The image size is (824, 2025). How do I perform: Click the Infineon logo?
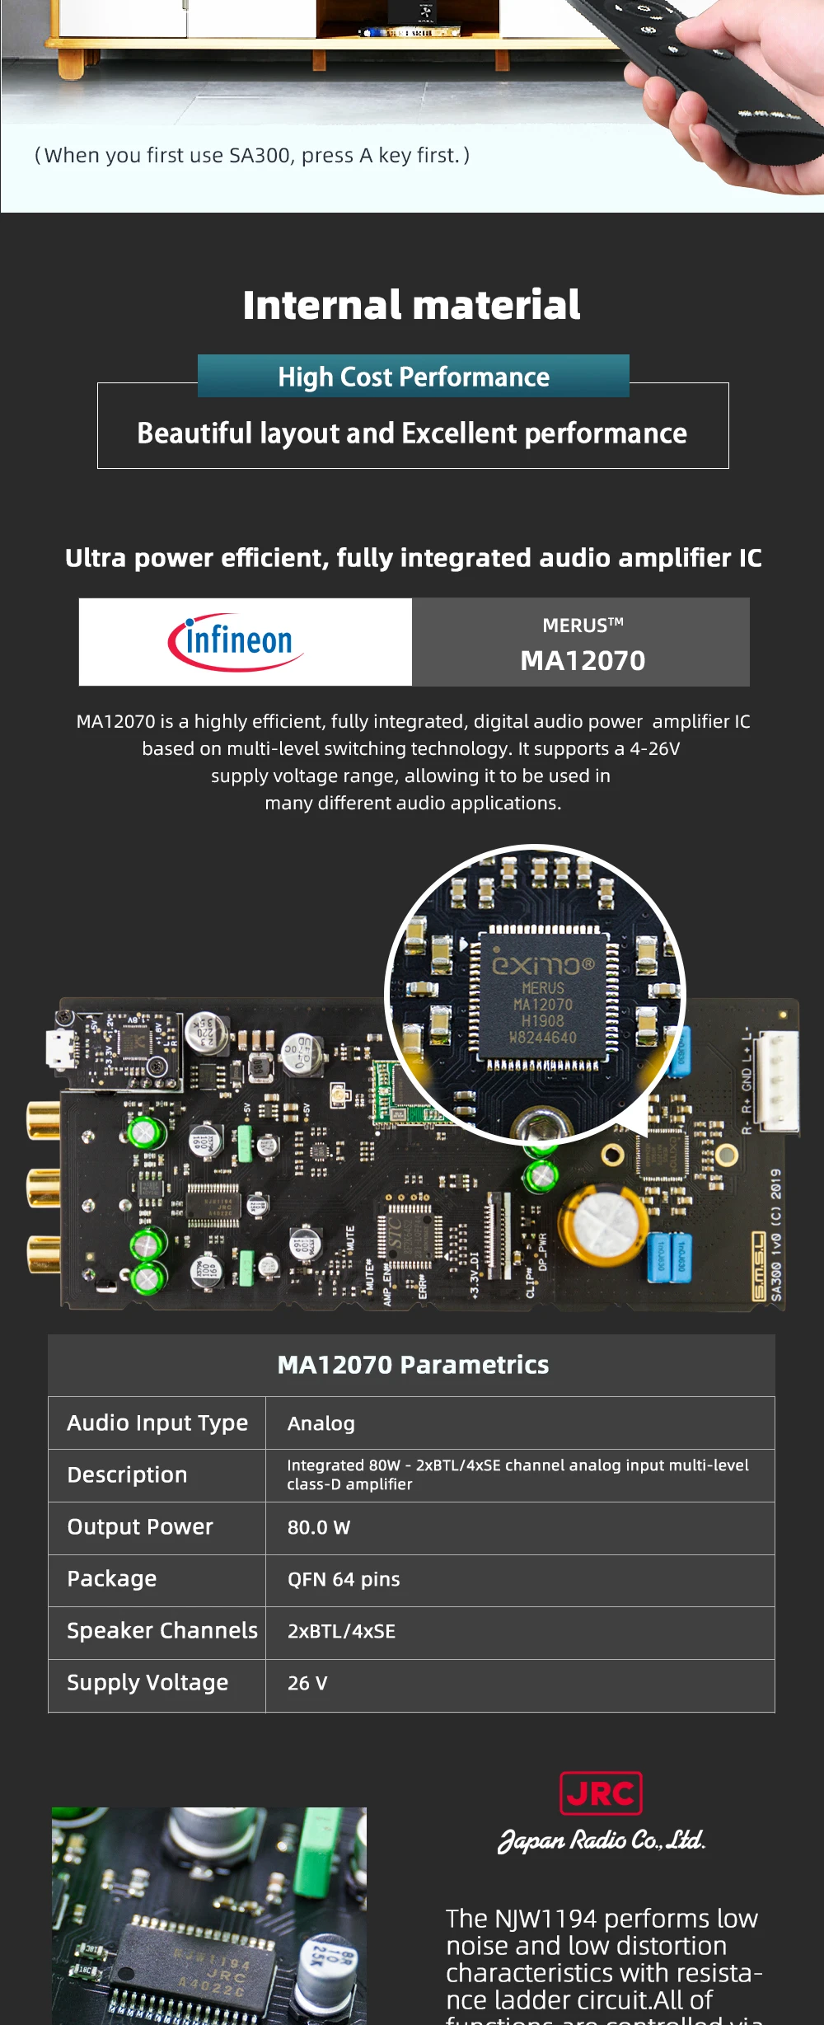point(237,641)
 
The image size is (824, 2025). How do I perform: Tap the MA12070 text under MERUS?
point(583,660)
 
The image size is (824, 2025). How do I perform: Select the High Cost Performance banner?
point(414,377)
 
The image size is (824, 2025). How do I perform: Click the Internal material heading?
point(411,305)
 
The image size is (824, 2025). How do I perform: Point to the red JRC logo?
point(601,1793)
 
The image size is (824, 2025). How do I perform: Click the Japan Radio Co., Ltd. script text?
point(602,1840)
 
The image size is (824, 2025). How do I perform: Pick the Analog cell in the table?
point(321,1423)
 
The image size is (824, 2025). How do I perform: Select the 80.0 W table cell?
point(319,1527)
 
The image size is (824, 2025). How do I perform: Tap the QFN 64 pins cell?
point(344,1579)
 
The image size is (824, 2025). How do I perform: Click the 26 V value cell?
point(307,1683)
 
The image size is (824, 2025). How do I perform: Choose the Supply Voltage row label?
point(147,1682)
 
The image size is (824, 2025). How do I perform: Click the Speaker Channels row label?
point(162,1630)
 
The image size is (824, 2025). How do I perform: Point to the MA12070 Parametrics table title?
point(413,1365)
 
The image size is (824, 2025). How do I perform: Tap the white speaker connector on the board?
point(778,1080)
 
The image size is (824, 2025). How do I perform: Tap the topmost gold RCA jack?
point(43,1121)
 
